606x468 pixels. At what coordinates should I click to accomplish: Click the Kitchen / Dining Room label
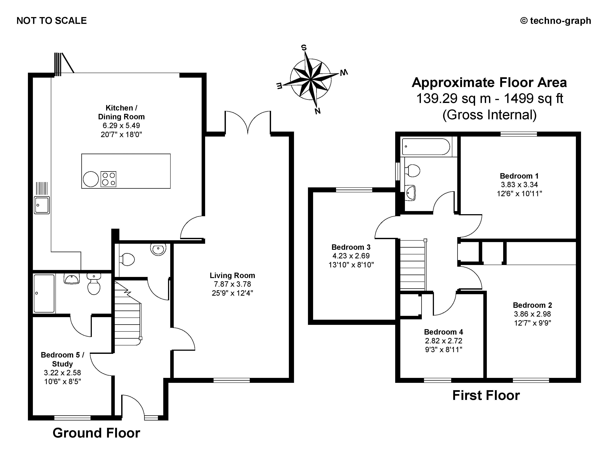point(121,112)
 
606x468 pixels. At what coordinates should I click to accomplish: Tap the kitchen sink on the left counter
point(42,205)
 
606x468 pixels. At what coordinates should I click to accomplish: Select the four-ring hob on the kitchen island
point(108,179)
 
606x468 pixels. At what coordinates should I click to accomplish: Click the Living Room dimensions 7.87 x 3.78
point(232,284)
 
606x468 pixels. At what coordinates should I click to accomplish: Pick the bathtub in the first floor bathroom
point(426,147)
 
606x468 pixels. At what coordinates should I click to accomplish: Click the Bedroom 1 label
point(519,176)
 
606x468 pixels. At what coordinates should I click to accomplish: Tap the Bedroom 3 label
point(351,247)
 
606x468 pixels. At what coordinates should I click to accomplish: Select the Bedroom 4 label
point(443,332)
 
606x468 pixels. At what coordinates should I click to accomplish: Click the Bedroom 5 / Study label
point(62,359)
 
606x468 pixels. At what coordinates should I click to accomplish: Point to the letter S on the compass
point(304,48)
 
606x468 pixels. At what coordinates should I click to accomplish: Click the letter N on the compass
point(318,111)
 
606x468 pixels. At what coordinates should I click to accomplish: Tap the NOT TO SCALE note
point(52,21)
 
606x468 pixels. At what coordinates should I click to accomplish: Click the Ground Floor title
point(96,433)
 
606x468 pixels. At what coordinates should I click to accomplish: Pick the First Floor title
point(486,395)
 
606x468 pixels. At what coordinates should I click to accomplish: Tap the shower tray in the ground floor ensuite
point(44,293)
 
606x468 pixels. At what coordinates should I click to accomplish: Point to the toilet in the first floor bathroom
point(413,170)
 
